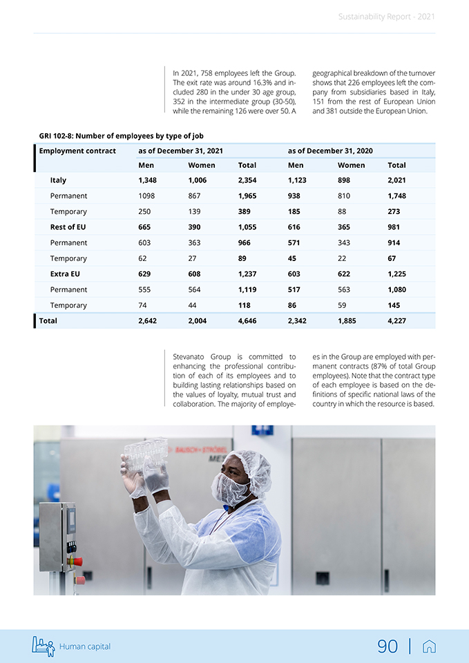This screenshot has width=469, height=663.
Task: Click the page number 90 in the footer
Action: coord(387,646)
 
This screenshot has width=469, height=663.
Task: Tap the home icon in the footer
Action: coord(429,646)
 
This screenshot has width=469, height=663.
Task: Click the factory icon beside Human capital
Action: coord(43,646)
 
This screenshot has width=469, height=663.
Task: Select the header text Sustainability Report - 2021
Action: coord(387,17)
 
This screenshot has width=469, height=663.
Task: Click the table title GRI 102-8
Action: coord(121,136)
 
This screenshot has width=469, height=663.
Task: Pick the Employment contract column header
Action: coord(77,151)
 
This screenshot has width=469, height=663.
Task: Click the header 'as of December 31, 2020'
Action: coord(330,151)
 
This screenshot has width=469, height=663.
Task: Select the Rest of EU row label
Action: coord(68,227)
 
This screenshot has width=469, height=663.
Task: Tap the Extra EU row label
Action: coord(65,274)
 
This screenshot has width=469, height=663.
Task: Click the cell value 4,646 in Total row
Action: coord(247,320)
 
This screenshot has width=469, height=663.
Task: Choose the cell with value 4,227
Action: coord(397,320)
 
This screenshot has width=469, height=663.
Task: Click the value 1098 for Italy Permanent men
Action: coord(148,196)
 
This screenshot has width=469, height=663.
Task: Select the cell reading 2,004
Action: coord(198,320)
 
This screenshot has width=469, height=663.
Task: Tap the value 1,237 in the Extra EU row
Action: coord(247,274)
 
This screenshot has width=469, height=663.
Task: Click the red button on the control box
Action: coord(77,560)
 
